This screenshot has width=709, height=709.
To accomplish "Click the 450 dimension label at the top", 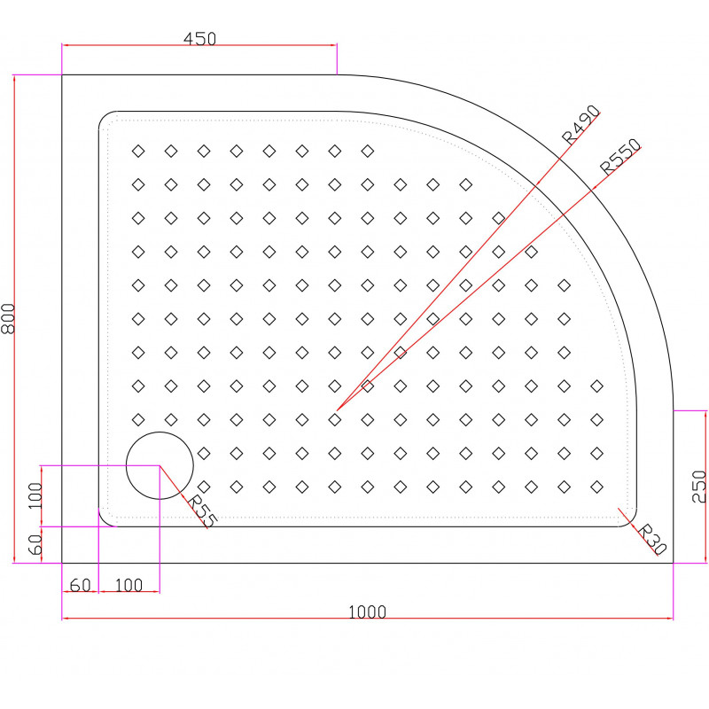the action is tap(199, 39).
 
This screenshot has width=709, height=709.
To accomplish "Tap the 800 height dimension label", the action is tap(8, 319).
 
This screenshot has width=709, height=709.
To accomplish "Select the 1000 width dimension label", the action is tap(367, 612).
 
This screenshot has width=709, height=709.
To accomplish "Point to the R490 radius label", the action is tap(581, 124).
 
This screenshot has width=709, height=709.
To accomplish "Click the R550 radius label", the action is tap(620, 157).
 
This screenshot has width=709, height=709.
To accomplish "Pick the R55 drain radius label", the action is tap(202, 511).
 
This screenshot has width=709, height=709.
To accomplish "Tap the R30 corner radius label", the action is tap(652, 539).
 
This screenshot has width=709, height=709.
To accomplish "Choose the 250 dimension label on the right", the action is tap(699, 487).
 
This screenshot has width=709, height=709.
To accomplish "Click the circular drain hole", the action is tap(160, 465).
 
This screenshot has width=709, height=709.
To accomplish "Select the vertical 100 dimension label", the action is tap(35, 495).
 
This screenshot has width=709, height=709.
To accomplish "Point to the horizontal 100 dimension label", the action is tap(129, 586).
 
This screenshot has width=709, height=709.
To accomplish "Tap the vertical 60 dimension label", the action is tap(35, 545).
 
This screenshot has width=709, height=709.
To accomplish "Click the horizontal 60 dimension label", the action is tap(81, 586).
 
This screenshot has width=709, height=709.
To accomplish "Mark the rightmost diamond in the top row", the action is tap(368, 151).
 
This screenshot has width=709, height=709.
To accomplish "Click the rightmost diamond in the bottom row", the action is tap(596, 487).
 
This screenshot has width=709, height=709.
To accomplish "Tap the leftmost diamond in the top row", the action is tap(138, 151).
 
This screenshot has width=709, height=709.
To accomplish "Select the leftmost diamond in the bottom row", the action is tap(204, 487).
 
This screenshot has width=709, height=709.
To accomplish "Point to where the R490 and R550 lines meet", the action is tap(338, 410).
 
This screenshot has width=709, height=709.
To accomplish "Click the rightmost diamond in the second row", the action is tap(466, 184).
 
